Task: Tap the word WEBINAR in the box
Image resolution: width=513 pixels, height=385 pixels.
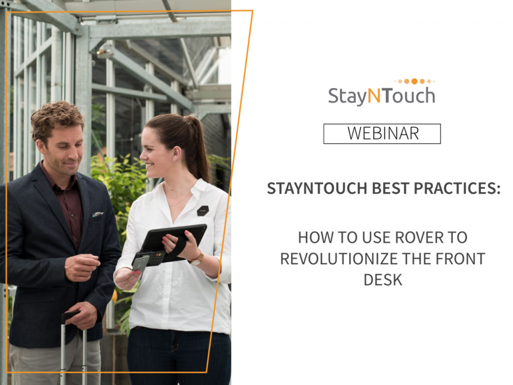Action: coord(382,134)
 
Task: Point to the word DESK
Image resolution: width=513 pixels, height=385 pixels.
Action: coord(383,280)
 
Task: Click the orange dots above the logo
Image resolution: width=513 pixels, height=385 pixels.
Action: coord(414,81)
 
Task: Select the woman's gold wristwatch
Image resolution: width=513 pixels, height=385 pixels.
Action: coord(197,258)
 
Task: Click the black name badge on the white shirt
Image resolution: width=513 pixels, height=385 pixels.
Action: coord(202,210)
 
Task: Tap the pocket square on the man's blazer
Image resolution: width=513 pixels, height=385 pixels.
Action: coord(98,214)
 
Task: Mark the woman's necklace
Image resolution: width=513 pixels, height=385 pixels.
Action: coord(178,200)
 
